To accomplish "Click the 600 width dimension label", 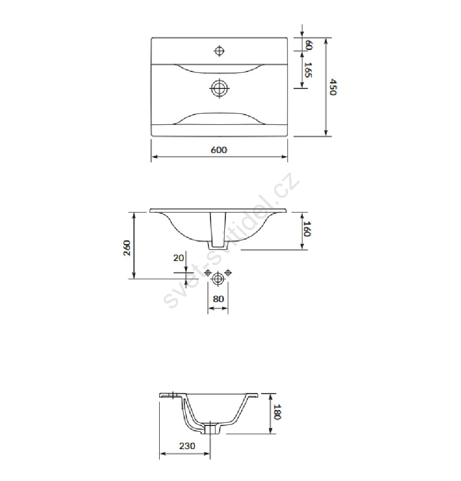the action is [219, 150].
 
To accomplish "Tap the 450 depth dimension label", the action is [333, 87].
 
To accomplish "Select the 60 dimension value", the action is [309, 45].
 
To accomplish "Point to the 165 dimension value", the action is [308, 70].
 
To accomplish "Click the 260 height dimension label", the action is [127, 248].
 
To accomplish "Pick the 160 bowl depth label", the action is [307, 229].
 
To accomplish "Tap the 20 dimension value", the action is [179, 257].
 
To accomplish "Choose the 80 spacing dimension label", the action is [218, 299].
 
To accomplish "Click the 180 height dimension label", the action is [277, 412].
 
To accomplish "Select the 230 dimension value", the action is [187, 446].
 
